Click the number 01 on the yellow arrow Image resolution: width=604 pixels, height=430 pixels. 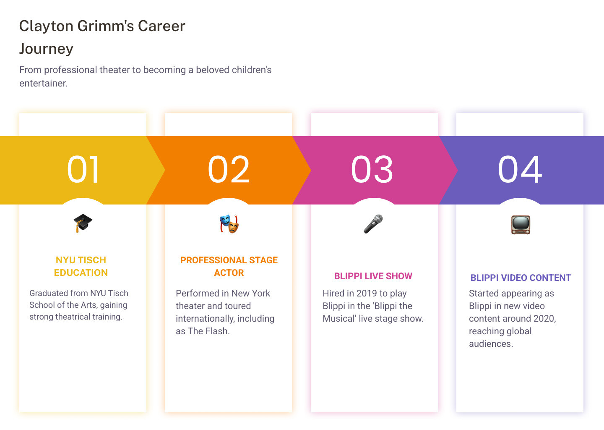pyautogui.click(x=83, y=170)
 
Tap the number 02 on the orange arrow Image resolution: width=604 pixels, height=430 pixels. pyautogui.click(x=229, y=170)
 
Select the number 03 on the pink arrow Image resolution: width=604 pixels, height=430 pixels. pyautogui.click(x=372, y=170)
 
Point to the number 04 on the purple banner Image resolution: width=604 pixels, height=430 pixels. pyautogui.click(x=520, y=170)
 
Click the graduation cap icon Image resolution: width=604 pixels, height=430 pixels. pyautogui.click(x=83, y=223)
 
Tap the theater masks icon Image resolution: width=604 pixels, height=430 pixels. pyautogui.click(x=229, y=224)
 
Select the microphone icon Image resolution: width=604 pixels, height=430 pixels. pyautogui.click(x=373, y=224)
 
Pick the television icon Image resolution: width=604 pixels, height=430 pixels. pyautogui.click(x=521, y=225)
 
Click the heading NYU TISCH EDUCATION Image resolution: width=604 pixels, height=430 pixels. pyautogui.click(x=81, y=266)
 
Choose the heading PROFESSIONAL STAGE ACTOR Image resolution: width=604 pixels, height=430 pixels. pyautogui.click(x=229, y=266)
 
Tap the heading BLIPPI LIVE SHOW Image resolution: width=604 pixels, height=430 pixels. pyautogui.click(x=373, y=276)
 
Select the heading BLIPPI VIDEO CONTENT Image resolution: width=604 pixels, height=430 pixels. pyautogui.click(x=521, y=278)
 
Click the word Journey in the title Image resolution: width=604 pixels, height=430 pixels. pyautogui.click(x=47, y=49)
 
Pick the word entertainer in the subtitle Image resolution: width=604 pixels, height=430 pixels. pyautogui.click(x=44, y=83)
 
